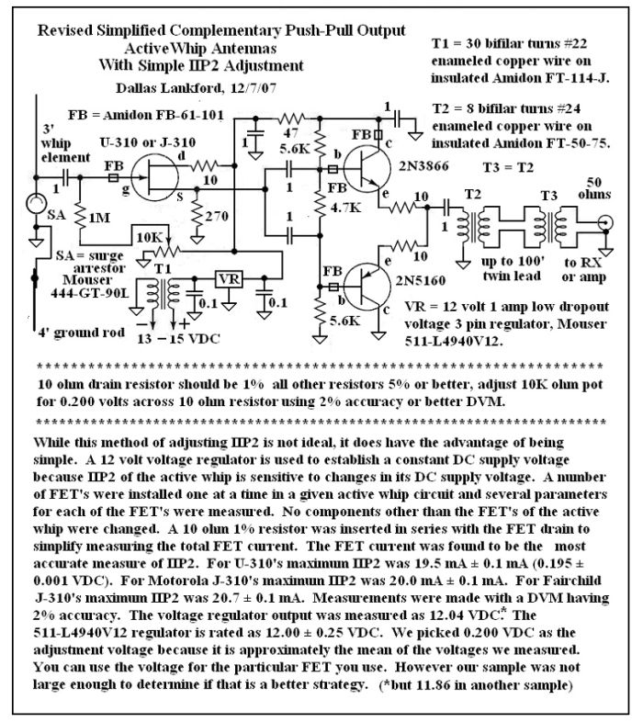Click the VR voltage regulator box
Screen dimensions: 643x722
[229, 278]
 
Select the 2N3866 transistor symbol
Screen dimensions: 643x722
[367, 169]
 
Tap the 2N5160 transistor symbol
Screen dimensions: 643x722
[367, 287]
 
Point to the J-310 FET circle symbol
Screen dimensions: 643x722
[154, 177]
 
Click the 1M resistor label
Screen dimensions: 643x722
[99, 217]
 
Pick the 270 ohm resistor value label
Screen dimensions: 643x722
[217, 216]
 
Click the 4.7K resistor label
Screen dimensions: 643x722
[345, 208]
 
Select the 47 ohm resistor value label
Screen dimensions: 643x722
[290, 133]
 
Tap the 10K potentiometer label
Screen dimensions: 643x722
[150, 238]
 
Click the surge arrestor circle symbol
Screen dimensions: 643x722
[36, 204]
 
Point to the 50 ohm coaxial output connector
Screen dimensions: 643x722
[605, 223]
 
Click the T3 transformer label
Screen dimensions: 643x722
[549, 196]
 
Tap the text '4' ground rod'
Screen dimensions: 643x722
[81, 333]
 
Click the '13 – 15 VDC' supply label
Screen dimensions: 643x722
[179, 339]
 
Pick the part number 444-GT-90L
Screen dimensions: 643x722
[89, 293]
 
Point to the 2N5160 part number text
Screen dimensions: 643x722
[421, 280]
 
